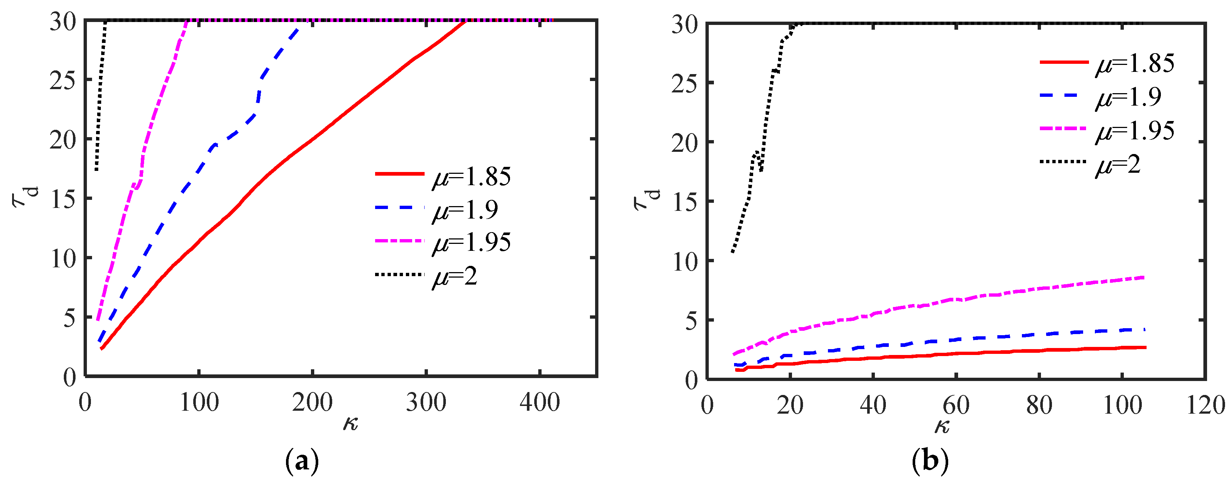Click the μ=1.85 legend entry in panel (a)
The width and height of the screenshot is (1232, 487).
click(443, 176)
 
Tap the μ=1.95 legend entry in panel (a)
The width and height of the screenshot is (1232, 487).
click(443, 242)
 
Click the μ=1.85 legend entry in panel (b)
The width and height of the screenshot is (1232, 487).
click(1107, 63)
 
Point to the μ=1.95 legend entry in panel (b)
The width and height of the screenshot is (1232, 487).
click(1107, 130)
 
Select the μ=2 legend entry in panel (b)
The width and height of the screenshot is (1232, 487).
click(1090, 164)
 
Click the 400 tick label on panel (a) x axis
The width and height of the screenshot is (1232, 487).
click(539, 402)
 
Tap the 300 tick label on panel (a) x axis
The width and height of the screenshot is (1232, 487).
click(426, 402)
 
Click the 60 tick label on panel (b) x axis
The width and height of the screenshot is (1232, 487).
click(956, 405)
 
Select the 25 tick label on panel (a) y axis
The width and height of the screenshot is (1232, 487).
click(63, 80)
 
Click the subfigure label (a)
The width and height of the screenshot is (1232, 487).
click(302, 462)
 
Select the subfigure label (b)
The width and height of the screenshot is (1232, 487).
click(930, 462)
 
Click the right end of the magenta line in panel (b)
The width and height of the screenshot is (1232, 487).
click(1144, 277)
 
